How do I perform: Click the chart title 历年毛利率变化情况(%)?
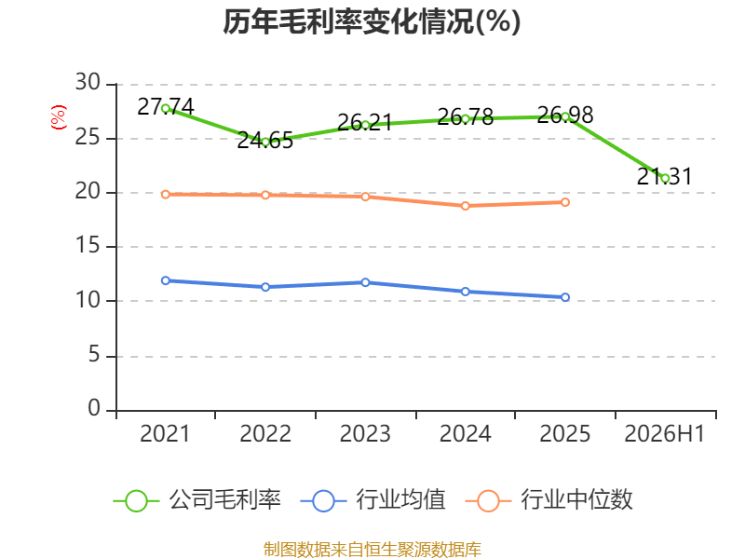coord(372,21)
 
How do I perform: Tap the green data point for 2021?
coord(166,108)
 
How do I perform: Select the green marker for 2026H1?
coord(665,178)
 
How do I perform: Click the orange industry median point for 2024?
coord(465,206)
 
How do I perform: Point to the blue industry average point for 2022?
coord(265,287)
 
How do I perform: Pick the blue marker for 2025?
coord(565,297)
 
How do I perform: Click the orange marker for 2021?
coord(166,195)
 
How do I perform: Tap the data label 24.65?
coord(265,141)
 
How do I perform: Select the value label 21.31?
coord(664,177)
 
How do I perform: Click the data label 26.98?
coord(565,116)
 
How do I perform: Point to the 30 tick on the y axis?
coord(88,83)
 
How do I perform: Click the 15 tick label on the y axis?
coord(88,246)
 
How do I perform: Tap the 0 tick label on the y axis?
coord(94,408)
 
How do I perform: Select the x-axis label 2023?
coord(365,434)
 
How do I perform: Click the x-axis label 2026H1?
coord(664,434)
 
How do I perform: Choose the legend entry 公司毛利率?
coord(197,500)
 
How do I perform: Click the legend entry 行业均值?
coord(373,500)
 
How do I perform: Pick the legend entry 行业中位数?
coord(549,500)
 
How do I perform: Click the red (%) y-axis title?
coord(59,117)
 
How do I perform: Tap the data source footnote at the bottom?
coord(372,550)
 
